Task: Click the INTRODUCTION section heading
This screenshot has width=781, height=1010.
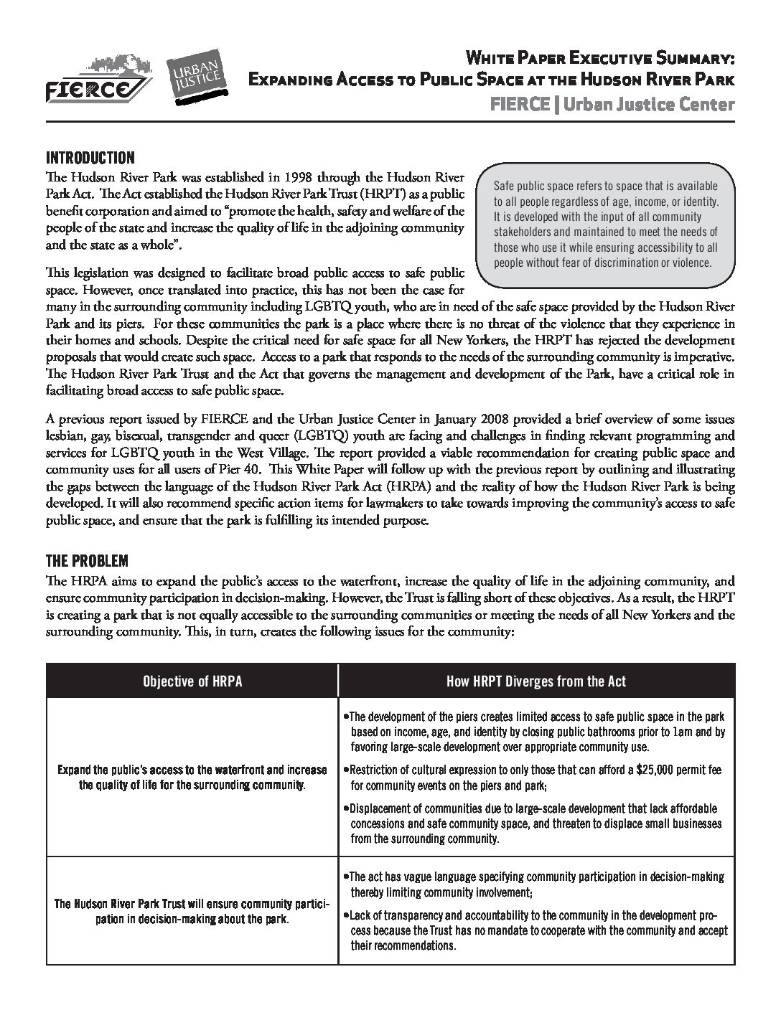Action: (x=90, y=158)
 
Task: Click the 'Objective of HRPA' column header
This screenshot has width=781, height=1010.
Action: (x=192, y=681)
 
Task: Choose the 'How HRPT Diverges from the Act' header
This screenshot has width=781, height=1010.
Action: (x=536, y=681)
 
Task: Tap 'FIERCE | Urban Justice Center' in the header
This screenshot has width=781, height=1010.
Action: (x=612, y=105)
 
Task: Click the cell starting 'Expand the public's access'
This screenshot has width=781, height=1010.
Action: (x=191, y=777)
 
